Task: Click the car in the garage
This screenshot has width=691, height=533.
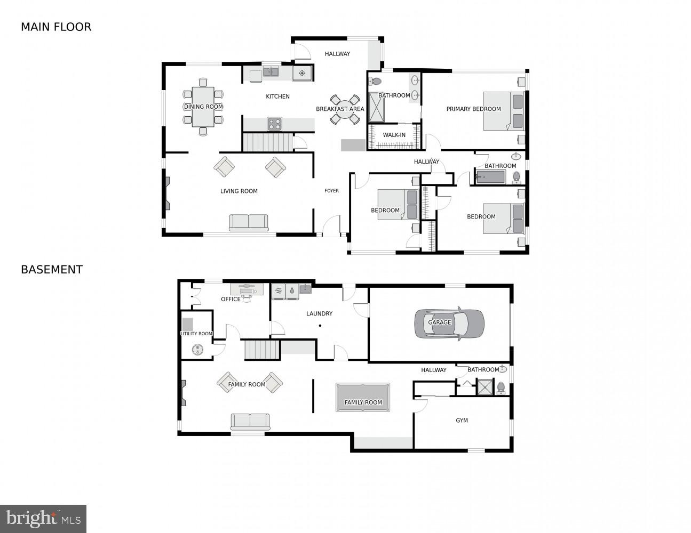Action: pos(449,323)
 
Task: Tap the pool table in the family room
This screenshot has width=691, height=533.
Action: pos(363,397)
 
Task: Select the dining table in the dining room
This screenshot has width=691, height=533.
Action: pos(203,107)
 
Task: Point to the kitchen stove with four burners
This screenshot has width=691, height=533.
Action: pos(274,124)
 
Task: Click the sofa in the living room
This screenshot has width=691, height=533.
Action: pos(249,222)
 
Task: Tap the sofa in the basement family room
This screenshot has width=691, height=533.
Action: pos(250,421)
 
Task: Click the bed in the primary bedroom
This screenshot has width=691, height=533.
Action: pos(504,111)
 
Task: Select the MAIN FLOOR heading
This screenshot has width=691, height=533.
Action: pos(56,27)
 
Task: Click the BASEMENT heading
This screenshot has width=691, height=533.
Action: pos(52,270)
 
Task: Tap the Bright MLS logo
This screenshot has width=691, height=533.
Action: pos(43,519)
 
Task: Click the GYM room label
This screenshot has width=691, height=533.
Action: pos(462,421)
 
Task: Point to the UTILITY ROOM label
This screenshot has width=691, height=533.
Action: pos(196,334)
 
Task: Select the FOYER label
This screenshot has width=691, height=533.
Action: pos(331,191)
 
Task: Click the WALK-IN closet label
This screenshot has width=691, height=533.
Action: pos(394,135)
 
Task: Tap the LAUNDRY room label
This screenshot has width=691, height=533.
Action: pos(319,313)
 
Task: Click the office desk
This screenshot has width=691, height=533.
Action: pos(247,289)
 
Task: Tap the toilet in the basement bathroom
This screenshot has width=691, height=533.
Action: pos(501,386)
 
